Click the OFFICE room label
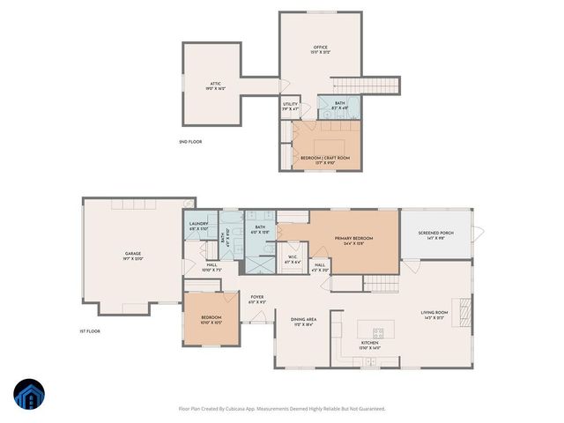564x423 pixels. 320,47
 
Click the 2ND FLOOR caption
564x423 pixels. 190,141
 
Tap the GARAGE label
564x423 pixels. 132,254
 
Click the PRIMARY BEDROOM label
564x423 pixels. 353,238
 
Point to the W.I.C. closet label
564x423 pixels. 293,259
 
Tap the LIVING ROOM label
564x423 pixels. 434,313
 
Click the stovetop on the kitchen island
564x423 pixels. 378,332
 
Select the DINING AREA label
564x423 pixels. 303,319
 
